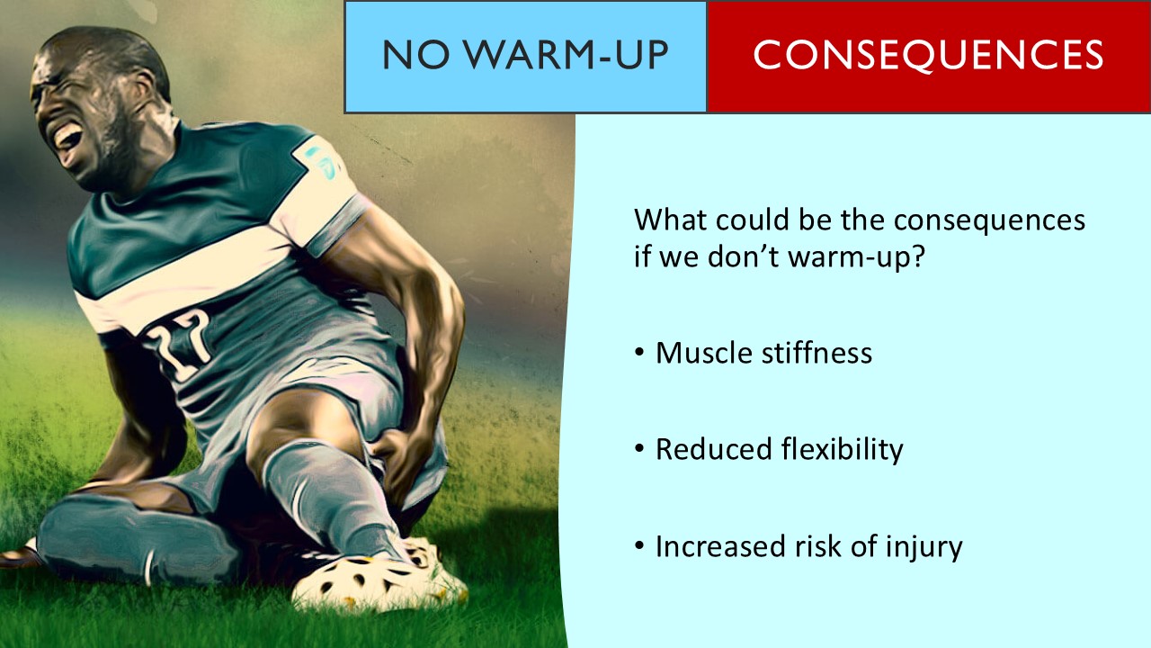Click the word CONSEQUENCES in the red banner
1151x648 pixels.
(x=928, y=56)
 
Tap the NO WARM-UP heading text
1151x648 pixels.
(x=525, y=56)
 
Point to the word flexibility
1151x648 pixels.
(x=843, y=449)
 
